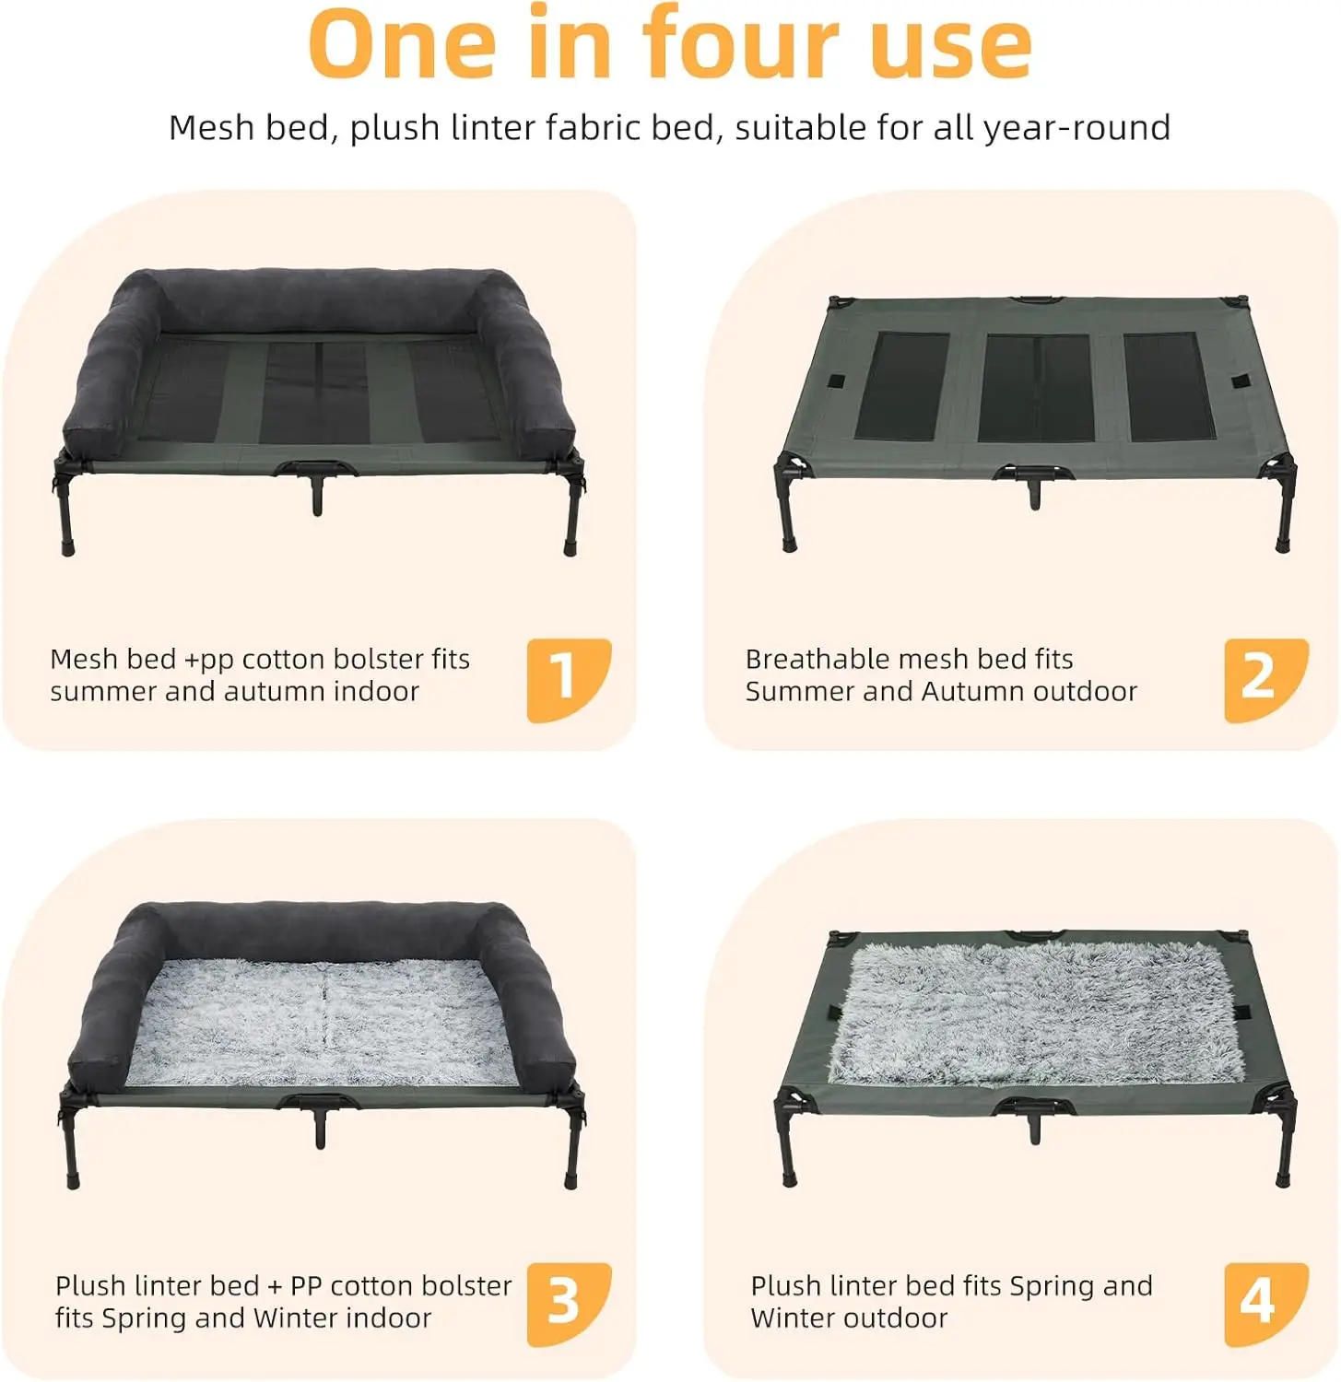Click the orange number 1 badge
click(x=568, y=680)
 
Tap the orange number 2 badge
click(x=1265, y=680)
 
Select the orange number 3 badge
click(x=568, y=1304)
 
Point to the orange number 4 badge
click(x=1265, y=1304)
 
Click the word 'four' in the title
click(x=740, y=43)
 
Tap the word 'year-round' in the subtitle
click(x=1076, y=128)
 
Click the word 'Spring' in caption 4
click(x=1053, y=1287)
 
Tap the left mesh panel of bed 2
click(x=901, y=386)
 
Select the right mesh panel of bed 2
click(x=1170, y=386)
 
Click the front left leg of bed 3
click(x=72, y=1142)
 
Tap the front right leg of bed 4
click(x=1283, y=1142)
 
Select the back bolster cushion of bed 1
click(x=318, y=300)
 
